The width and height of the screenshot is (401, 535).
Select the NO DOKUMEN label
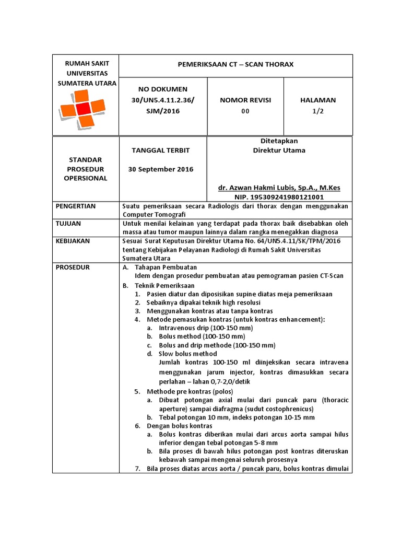(x=163, y=89)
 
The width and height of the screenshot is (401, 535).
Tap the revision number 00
(x=245, y=111)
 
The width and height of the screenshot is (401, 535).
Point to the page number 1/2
(x=318, y=111)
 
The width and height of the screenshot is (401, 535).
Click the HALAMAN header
(x=318, y=100)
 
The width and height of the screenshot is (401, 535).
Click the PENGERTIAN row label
(x=76, y=206)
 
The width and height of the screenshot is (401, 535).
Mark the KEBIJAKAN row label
(x=73, y=241)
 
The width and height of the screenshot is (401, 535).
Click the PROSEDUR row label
(x=73, y=267)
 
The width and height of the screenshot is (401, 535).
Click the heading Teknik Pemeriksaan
(x=164, y=286)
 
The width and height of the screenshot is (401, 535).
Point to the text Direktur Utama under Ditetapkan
(x=279, y=150)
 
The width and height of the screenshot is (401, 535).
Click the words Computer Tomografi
(x=154, y=214)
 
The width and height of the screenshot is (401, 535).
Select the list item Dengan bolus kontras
(x=179, y=426)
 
